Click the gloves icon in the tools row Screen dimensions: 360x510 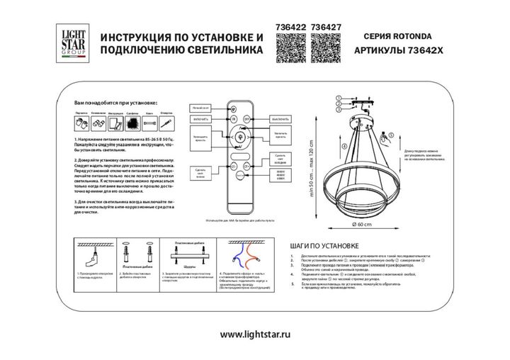(x=80, y=123)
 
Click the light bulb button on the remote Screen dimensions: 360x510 (x=239, y=136)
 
